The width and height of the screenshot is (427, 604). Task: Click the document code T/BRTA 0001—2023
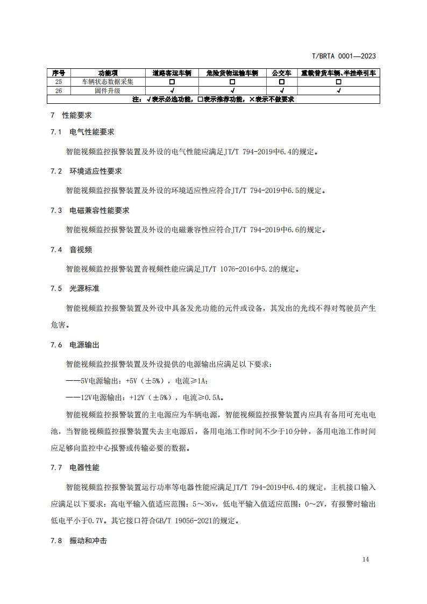pos(344,56)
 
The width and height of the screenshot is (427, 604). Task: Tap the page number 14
pos(366,559)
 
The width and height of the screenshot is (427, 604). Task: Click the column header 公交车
pos(282,73)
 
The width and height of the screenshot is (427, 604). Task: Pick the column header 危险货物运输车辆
pos(232,73)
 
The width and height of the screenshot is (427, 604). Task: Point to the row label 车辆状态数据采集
pos(108,82)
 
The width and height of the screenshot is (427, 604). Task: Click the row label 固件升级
pos(108,90)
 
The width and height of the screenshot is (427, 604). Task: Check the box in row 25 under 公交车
pos(282,82)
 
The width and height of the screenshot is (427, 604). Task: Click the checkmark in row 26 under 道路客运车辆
pos(172,90)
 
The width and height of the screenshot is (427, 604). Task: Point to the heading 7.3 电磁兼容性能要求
pos(90,210)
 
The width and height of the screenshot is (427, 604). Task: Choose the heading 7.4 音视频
pos(71,250)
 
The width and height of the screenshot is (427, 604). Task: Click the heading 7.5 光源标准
pos(75,288)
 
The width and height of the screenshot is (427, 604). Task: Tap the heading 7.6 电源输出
pos(75,345)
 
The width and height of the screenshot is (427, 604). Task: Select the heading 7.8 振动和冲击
pos(79,541)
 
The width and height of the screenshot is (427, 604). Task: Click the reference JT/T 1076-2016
pos(227,269)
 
